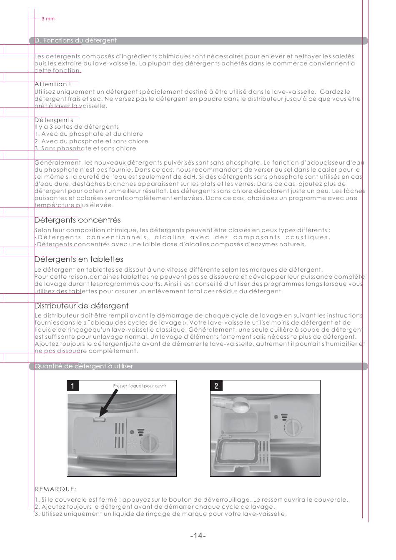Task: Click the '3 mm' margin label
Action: (x=48, y=19)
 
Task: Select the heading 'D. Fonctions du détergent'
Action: (x=75, y=40)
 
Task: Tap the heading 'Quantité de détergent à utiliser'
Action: (x=83, y=366)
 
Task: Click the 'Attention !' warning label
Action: (x=53, y=84)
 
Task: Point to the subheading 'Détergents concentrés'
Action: (x=77, y=220)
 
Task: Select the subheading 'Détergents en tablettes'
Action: (x=79, y=259)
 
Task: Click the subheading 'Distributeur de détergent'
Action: (x=81, y=306)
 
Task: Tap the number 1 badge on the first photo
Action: (x=73, y=386)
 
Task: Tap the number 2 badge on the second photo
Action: (x=216, y=386)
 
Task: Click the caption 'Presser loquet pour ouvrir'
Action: (x=140, y=386)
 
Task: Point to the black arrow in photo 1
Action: (x=113, y=404)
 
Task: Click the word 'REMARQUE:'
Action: (x=55, y=489)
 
